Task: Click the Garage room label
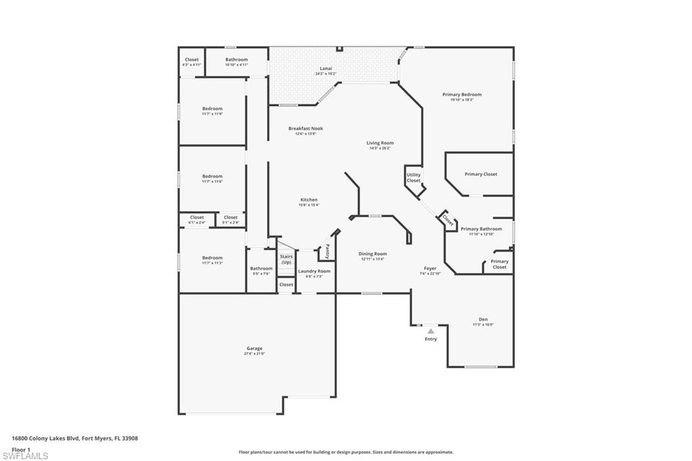click(x=254, y=349)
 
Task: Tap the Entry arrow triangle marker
click(x=431, y=331)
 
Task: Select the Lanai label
click(x=325, y=68)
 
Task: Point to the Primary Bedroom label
click(x=462, y=95)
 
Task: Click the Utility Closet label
click(x=414, y=178)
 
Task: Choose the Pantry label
click(x=328, y=251)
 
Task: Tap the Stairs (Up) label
click(x=286, y=259)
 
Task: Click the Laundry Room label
click(x=314, y=271)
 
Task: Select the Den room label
click(x=483, y=319)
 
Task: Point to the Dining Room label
click(x=372, y=254)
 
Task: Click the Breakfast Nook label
click(x=305, y=128)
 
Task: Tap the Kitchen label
click(x=309, y=200)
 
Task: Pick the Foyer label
click(x=430, y=268)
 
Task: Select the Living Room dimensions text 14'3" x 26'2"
click(x=381, y=149)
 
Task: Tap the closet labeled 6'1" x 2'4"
click(x=197, y=220)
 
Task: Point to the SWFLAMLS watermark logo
click(x=26, y=455)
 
